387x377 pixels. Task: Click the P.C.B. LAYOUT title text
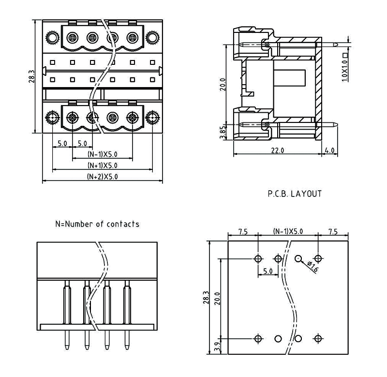click(x=295, y=194)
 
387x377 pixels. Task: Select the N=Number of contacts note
click(x=97, y=224)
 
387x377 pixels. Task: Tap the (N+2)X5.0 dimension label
click(x=102, y=177)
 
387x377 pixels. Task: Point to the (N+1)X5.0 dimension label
click(x=102, y=166)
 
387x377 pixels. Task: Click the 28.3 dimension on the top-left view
click(x=31, y=76)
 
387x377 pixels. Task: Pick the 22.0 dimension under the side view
click(x=277, y=151)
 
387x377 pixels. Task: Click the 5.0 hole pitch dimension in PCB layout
click(x=268, y=272)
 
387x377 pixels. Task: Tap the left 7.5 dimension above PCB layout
click(x=243, y=232)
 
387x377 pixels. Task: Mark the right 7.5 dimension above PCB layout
click(x=332, y=232)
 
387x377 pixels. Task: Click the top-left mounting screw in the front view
click(x=52, y=37)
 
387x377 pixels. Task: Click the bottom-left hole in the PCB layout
click(x=258, y=338)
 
